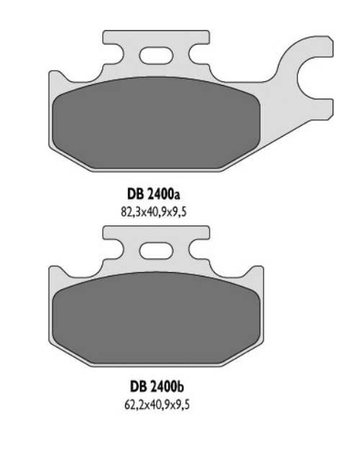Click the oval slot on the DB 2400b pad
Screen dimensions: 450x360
point(156,251)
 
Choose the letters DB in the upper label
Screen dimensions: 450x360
point(135,195)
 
